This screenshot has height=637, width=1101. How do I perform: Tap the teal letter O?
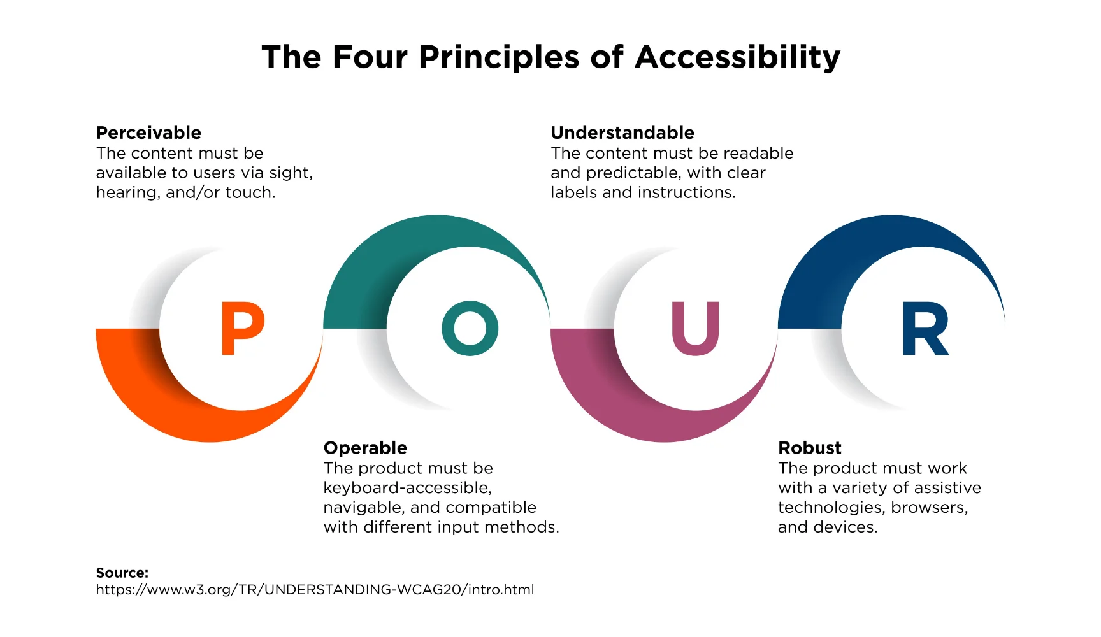[x=470, y=328]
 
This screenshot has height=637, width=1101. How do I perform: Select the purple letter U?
[x=696, y=329]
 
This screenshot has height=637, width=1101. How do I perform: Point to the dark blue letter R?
[x=925, y=328]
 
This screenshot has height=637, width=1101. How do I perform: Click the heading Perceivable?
[x=148, y=132]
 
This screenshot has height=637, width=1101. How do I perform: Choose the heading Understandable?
[x=622, y=132]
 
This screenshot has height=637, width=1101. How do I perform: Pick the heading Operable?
[x=365, y=448]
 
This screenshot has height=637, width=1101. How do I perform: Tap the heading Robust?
[x=810, y=448]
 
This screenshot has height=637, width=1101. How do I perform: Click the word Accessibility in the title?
[x=737, y=57]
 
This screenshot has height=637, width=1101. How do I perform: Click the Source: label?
[x=122, y=573]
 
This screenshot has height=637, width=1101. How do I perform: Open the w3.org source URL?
[x=315, y=590]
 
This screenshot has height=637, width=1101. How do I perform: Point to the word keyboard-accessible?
[x=408, y=488]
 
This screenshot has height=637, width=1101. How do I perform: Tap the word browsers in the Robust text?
[x=930, y=508]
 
